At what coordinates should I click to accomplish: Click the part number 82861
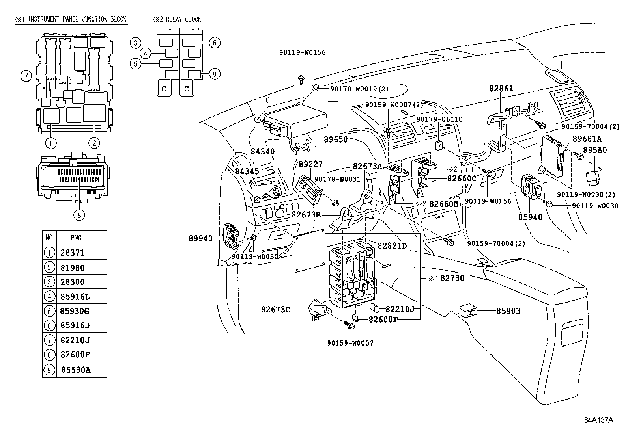click(501, 89)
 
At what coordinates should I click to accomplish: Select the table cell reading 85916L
click(75, 296)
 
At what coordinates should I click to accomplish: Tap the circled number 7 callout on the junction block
click(26, 76)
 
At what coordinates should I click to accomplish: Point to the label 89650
click(336, 139)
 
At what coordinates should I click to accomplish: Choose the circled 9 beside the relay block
click(215, 74)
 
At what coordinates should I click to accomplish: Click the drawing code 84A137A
click(599, 420)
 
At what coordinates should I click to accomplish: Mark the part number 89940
click(200, 238)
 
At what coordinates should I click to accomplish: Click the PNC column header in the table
click(76, 238)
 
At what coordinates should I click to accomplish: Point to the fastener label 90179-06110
click(439, 119)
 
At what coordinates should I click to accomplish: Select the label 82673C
click(275, 310)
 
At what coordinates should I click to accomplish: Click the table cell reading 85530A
click(76, 370)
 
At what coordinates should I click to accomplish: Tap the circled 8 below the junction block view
click(79, 215)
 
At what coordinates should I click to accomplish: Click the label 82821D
click(392, 246)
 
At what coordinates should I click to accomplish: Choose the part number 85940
click(530, 217)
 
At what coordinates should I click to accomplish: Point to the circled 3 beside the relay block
click(135, 43)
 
